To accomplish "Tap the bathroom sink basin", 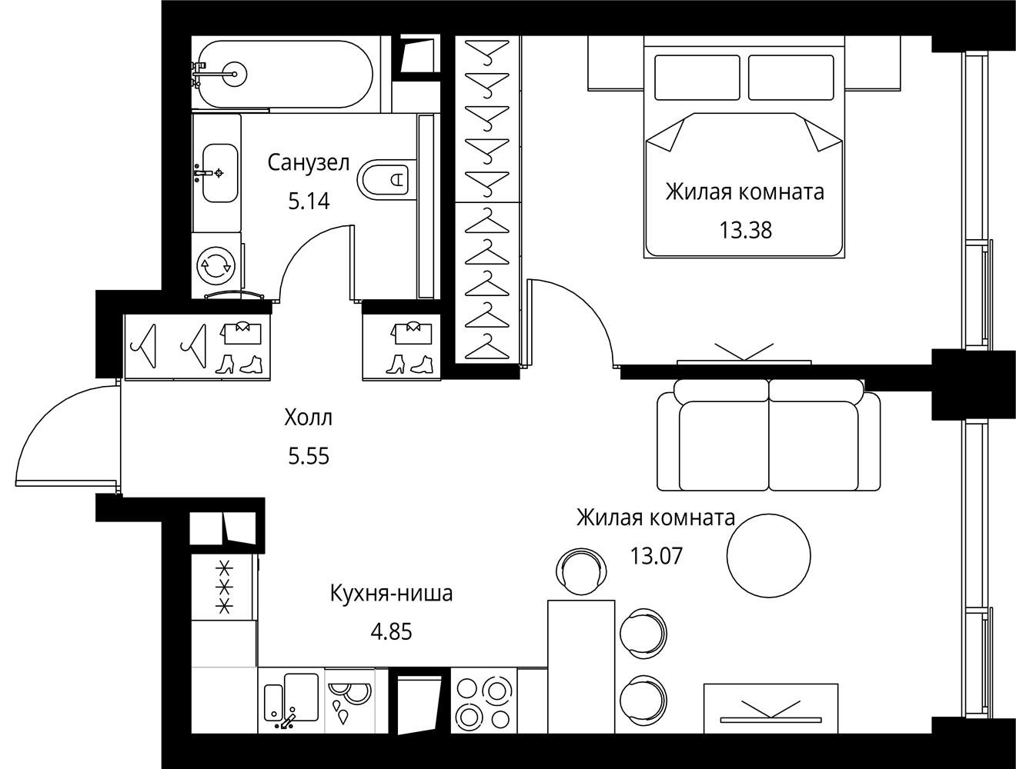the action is pyautogui.click(x=220, y=173).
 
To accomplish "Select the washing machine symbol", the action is pyautogui.click(x=216, y=266).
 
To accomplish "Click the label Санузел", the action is pyautogui.click(x=309, y=163).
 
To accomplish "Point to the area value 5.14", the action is pyautogui.click(x=309, y=201).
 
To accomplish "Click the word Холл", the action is pyautogui.click(x=309, y=417).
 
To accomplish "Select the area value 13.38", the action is pyautogui.click(x=745, y=230).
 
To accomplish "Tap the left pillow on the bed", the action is pyautogui.click(x=697, y=77).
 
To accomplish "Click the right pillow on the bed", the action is pyautogui.click(x=791, y=77).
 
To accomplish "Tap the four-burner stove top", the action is pyautogui.click(x=483, y=701).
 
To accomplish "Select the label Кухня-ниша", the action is pyautogui.click(x=391, y=594).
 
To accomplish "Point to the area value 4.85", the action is pyautogui.click(x=391, y=631).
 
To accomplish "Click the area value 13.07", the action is pyautogui.click(x=657, y=556).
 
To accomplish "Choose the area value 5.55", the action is pyautogui.click(x=309, y=457).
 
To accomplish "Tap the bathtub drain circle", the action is pyautogui.click(x=234, y=74).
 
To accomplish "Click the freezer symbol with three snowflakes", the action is pyautogui.click(x=225, y=588).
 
